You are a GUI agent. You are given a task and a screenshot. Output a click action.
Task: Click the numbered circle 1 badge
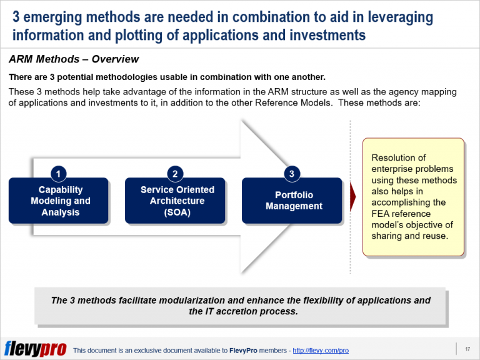[x=58, y=174]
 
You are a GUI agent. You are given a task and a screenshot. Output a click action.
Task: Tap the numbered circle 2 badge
[x=175, y=174]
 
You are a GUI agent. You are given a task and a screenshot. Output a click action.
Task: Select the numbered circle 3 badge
[x=291, y=174]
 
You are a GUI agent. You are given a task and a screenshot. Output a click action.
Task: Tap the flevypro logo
[x=35, y=349]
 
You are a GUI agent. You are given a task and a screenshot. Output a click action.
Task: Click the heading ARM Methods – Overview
[x=74, y=60]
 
